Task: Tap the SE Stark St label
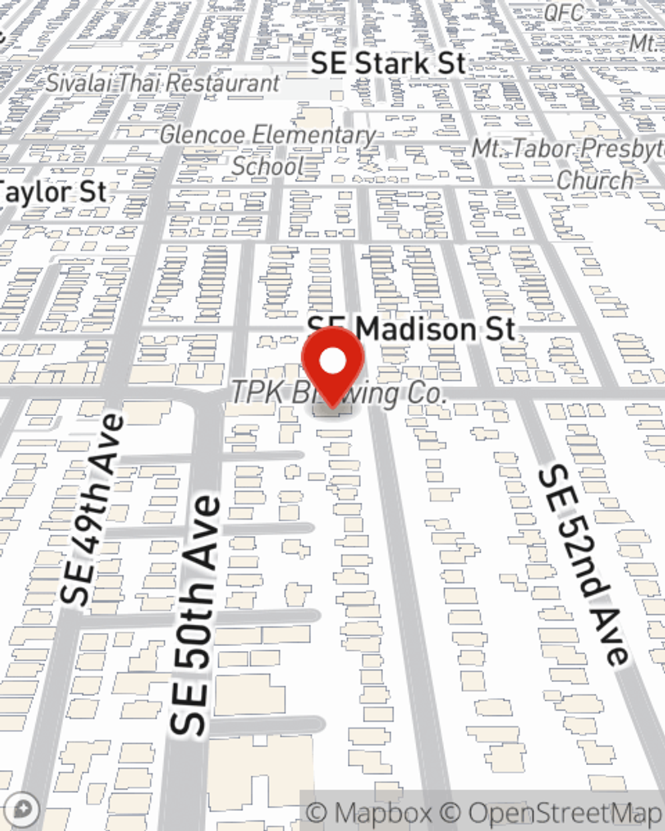click(388, 64)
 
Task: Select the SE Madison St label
click(411, 328)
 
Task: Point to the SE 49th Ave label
click(92, 509)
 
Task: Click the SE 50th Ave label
click(194, 615)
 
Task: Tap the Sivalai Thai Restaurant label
click(163, 83)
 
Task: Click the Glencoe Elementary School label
click(268, 150)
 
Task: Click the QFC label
click(563, 12)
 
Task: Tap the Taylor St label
click(53, 192)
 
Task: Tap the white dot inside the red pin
click(333, 362)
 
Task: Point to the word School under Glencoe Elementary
click(268, 166)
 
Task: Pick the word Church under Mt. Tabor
click(595, 179)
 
